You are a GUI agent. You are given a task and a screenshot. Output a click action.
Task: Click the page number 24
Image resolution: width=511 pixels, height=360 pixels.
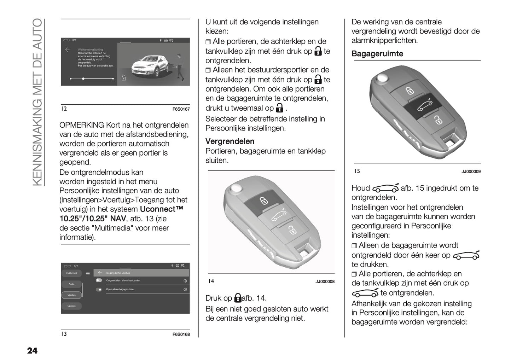pyautogui.click(x=32, y=350)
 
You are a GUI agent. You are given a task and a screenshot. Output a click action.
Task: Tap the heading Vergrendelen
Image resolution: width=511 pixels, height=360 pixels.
pyautogui.click(x=230, y=141)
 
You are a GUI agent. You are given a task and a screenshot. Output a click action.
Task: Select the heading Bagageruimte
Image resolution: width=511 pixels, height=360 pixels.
pyautogui.click(x=377, y=54)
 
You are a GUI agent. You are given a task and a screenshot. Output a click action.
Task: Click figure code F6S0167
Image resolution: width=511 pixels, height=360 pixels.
pyautogui.click(x=181, y=109)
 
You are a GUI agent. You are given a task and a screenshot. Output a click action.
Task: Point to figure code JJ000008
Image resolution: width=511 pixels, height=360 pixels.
pyautogui.click(x=325, y=281)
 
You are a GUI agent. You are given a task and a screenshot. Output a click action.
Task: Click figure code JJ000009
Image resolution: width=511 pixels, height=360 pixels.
pyautogui.click(x=471, y=172)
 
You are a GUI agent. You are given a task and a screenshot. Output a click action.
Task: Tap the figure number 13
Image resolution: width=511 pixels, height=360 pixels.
pyautogui.click(x=63, y=334)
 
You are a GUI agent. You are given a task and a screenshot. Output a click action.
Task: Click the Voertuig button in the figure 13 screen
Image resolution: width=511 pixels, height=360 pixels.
pyautogui.click(x=71, y=295)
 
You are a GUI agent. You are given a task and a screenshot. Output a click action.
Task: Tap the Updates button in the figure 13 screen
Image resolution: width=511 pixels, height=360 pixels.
pyautogui.click(x=71, y=306)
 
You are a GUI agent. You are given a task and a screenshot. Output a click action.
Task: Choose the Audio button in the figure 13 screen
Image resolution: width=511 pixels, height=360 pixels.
pyautogui.click(x=71, y=284)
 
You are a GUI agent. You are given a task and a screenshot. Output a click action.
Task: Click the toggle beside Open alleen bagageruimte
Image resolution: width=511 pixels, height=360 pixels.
pyautogui.click(x=99, y=290)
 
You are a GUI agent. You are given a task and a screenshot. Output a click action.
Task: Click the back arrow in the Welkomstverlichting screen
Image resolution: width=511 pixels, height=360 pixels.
pyautogui.click(x=68, y=50)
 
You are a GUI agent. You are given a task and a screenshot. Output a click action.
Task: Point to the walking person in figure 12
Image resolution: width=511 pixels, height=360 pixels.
pyautogui.click(x=181, y=68)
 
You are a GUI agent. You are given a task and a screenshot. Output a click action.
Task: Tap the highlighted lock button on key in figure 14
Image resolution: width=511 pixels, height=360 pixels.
pyautogui.click(x=263, y=201)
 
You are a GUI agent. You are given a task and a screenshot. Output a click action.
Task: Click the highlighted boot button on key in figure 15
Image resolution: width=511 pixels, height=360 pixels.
pyautogui.click(x=423, y=105)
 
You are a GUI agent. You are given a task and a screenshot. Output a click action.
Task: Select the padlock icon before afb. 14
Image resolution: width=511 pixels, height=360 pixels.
pyautogui.click(x=238, y=298)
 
